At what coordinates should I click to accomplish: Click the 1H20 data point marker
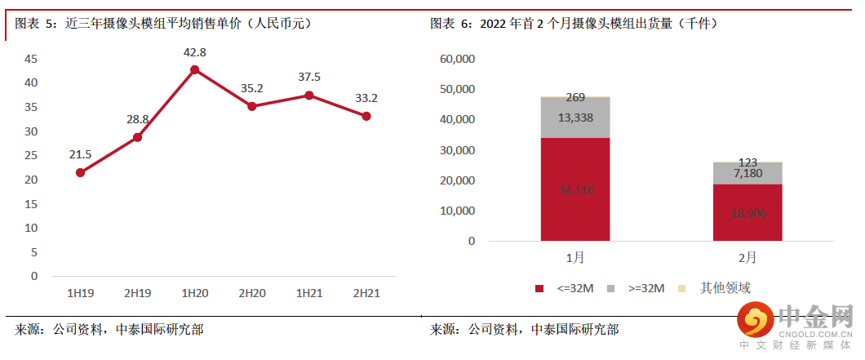[x=194, y=70]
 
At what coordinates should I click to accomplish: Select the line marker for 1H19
[x=80, y=172]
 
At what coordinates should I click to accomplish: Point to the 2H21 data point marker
[x=366, y=116]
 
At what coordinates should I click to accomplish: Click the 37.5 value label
[x=308, y=78]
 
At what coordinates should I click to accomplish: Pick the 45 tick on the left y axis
[x=31, y=59]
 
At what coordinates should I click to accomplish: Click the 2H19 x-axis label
[x=137, y=292]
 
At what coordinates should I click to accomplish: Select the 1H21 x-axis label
[x=308, y=292]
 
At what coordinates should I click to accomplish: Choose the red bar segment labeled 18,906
[x=747, y=212]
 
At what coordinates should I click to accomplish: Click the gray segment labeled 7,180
[x=747, y=173]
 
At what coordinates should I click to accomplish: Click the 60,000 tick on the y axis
[x=457, y=59]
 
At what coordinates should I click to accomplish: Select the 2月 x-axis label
[x=747, y=258]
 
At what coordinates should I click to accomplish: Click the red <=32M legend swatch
[x=539, y=288]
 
